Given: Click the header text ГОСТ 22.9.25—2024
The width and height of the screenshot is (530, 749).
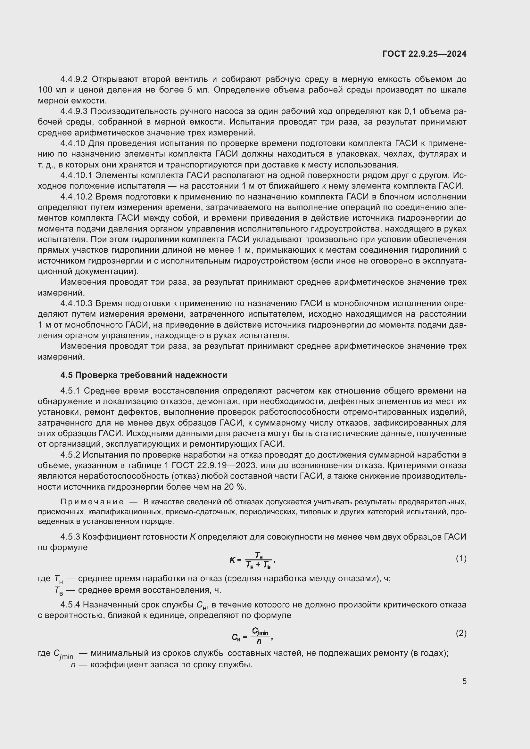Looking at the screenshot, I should point(424,54).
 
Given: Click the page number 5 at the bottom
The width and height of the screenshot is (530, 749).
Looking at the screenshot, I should point(464,681).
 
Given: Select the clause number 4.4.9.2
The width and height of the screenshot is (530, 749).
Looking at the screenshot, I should point(74,79).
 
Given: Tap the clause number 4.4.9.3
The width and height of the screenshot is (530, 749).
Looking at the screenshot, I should point(74,111).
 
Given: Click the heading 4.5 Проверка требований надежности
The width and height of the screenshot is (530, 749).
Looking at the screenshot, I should point(144,375).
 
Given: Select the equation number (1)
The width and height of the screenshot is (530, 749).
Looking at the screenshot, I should point(461,558).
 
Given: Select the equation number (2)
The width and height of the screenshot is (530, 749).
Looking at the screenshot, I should point(461,633).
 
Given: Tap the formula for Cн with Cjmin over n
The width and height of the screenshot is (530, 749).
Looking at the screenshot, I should point(252,635).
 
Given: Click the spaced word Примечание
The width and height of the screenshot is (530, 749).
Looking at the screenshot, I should point(92,502).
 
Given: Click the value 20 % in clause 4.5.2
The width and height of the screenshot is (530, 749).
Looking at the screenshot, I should point(235,487).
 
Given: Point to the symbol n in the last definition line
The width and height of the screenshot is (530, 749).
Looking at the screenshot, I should point(73,665).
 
